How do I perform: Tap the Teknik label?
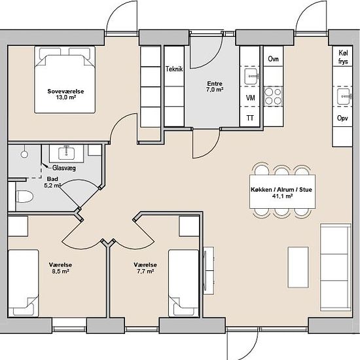[174, 69]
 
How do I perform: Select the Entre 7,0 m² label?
[215, 86]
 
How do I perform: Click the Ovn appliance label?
[273, 59]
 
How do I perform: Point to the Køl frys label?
[343, 57]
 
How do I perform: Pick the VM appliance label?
[250, 98]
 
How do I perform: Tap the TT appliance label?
[250, 118]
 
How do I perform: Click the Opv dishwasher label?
[342, 118]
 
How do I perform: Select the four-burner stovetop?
[273, 96]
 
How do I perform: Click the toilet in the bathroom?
[25, 196]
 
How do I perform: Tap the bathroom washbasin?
[66, 153]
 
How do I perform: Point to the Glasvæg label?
[64, 168]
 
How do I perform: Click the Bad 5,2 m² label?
[52, 182]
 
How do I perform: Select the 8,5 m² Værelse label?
[60, 268]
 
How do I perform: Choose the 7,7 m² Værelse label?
[145, 268]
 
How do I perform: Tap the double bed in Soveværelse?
[65, 80]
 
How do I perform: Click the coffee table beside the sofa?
[298, 267]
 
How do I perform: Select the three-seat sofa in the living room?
[336, 268]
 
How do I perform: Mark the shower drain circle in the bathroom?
[24, 154]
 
